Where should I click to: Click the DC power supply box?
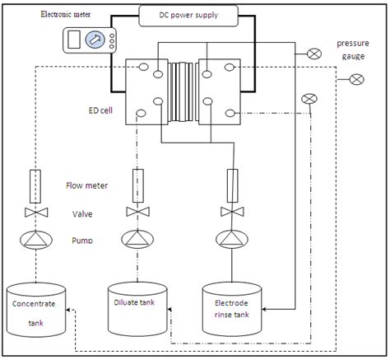pyautogui.click(x=188, y=14)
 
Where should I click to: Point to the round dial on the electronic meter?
pyautogui.click(x=95, y=39)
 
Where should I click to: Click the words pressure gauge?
pyautogui.click(x=355, y=49)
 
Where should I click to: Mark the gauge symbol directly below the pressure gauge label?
pyautogui.click(x=356, y=79)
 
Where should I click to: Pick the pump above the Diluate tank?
pyautogui.click(x=135, y=240)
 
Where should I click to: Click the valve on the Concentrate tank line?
pyautogui.click(x=35, y=214)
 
